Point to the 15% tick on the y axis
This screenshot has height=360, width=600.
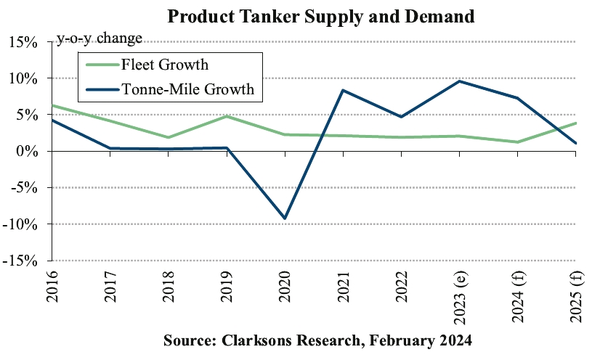23,42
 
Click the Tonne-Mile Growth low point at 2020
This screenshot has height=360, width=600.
285,218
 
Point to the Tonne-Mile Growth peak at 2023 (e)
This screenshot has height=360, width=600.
460,81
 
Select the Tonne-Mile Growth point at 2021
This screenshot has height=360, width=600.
344,90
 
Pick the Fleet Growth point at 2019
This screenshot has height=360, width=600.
227,116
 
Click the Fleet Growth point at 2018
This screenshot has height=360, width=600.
169,137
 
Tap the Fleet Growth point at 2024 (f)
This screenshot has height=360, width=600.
518,142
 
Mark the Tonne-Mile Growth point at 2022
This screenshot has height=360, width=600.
402,116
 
